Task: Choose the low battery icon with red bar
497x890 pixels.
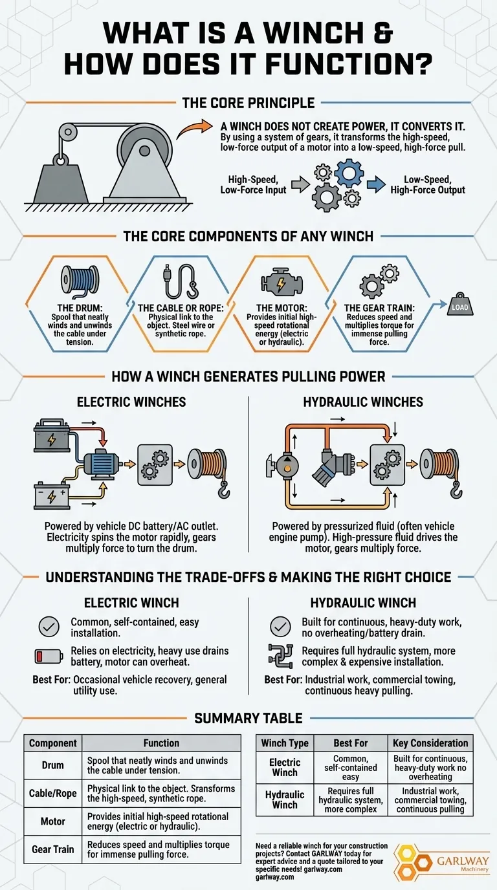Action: click(48, 657)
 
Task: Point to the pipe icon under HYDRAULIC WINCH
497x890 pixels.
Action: click(282, 657)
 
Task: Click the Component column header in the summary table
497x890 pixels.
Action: click(53, 743)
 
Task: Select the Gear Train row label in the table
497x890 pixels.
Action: click(53, 849)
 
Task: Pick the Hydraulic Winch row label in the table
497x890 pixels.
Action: click(285, 799)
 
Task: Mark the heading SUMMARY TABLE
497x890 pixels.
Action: click(248, 718)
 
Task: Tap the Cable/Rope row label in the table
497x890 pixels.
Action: click(53, 794)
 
